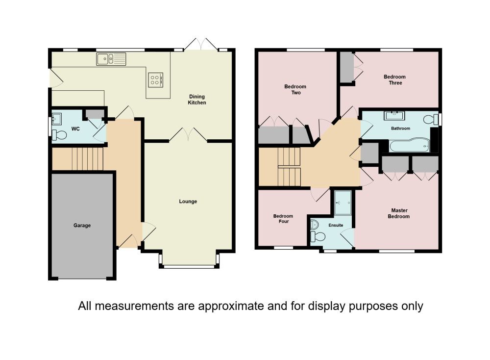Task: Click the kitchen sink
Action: (x=111, y=59)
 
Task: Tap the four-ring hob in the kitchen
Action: (x=156, y=80)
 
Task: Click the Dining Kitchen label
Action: (x=197, y=100)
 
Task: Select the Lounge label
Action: (x=188, y=202)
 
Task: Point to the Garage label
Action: (x=82, y=225)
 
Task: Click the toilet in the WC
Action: (x=59, y=135)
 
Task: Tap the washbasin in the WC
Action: (x=56, y=119)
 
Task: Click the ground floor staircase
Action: (x=88, y=158)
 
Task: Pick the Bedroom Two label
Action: (x=295, y=89)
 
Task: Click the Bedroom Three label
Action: (x=394, y=80)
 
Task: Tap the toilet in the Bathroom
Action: (x=431, y=119)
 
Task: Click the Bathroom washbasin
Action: (x=394, y=115)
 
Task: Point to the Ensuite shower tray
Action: (x=343, y=203)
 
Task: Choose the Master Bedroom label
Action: (x=399, y=213)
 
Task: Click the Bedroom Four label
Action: (x=283, y=219)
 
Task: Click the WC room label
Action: (x=75, y=129)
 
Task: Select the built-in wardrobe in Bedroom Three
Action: (x=346, y=68)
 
